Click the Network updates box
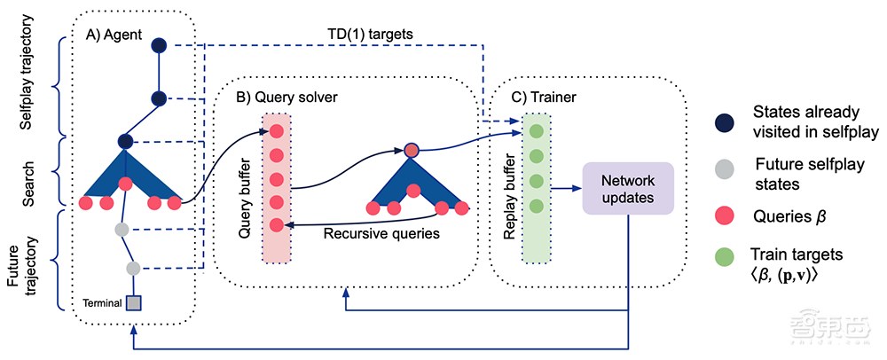[x=628, y=188]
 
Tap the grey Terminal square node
[x=133, y=303]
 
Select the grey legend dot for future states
[x=726, y=171]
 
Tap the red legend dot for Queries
[x=726, y=215]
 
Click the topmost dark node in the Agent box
[x=159, y=45]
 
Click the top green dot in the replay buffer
[x=536, y=131]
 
